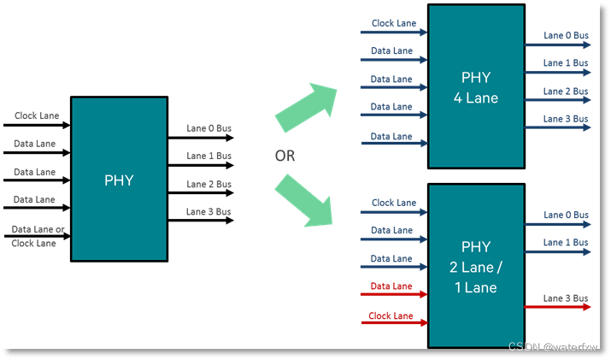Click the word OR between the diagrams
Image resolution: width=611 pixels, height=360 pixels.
(285, 156)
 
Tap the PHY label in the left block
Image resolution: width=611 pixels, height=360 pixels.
(120, 180)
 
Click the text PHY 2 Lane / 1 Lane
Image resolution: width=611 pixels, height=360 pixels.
(475, 267)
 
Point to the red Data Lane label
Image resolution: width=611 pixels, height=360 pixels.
(391, 286)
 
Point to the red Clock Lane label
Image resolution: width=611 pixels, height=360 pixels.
(391, 316)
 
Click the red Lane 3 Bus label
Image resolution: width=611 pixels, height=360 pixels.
(566, 298)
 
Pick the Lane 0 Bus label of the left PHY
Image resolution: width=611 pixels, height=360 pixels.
(209, 129)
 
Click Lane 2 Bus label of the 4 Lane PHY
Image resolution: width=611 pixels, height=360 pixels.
(566, 91)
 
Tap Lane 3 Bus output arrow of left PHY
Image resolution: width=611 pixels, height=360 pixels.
(200, 221)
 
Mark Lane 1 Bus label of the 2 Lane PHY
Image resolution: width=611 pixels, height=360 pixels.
(566, 242)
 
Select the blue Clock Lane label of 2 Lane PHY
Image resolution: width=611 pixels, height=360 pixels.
(394, 203)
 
